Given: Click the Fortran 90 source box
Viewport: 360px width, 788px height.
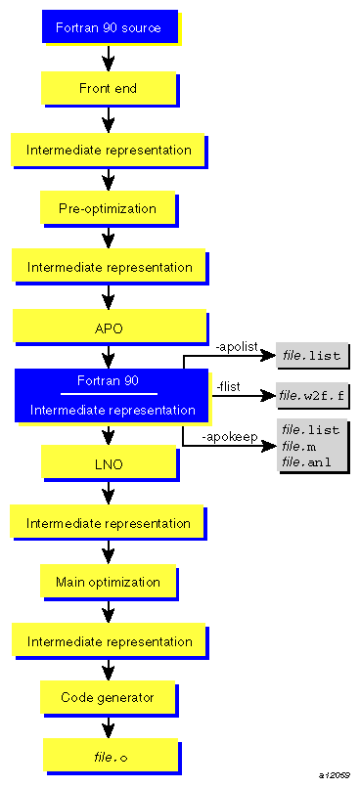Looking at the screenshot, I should pos(108,28).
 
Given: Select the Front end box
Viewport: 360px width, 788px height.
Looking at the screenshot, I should pos(108,89).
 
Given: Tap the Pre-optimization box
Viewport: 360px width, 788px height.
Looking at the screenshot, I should pos(108,208).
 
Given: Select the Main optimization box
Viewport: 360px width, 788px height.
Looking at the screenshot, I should pos(108,582).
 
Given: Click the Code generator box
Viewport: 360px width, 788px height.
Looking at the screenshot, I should pos(108,697).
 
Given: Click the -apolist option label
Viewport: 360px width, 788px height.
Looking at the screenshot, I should pos(236,347).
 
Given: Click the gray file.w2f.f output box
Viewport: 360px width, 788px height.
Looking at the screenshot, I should pos(312,396).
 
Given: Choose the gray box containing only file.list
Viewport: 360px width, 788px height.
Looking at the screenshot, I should pos(311,356).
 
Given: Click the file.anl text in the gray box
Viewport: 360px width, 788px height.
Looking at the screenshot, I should pos(306,461).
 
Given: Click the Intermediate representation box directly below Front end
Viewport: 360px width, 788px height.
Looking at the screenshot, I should pos(109,150).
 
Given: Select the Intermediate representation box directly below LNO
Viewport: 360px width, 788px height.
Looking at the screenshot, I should pos(109,523).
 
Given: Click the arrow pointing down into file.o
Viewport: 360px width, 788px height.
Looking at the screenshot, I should pos(109,727).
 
